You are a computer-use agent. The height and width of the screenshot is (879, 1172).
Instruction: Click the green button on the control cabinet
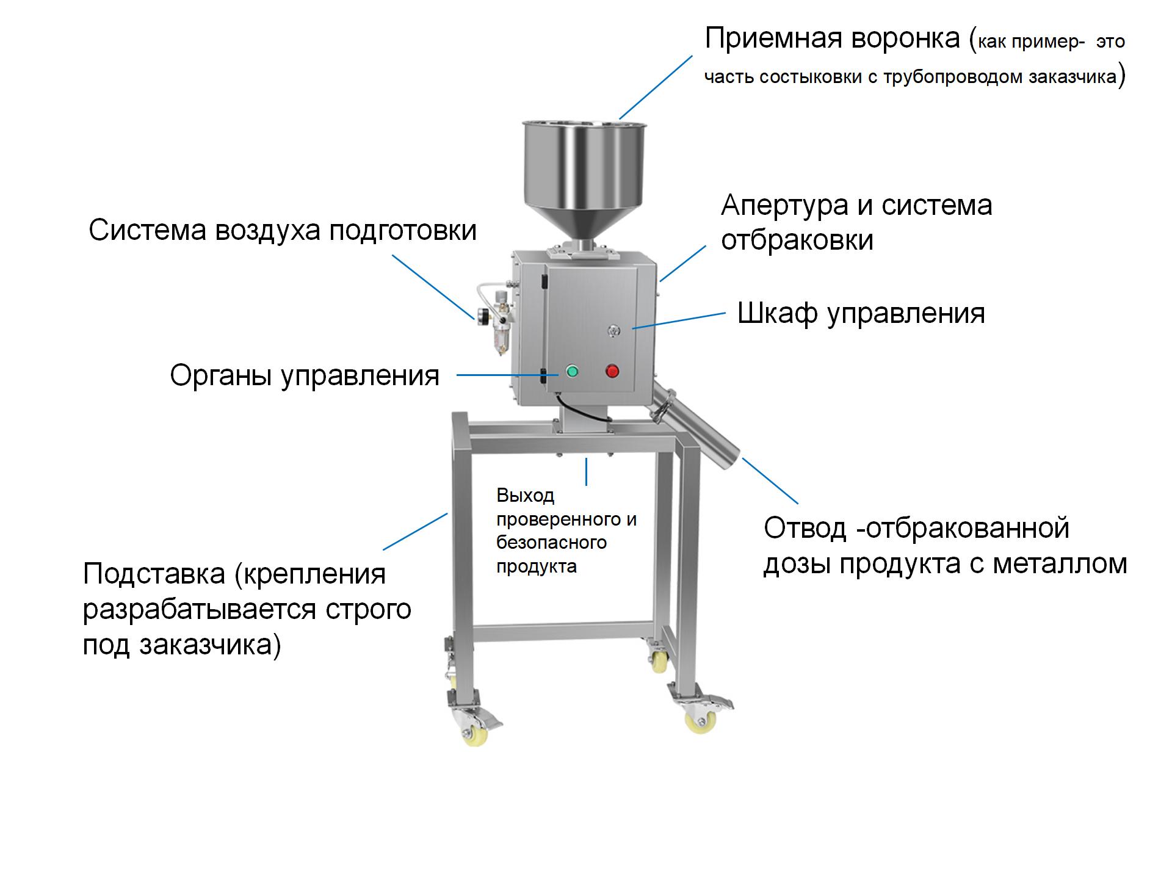[x=572, y=371]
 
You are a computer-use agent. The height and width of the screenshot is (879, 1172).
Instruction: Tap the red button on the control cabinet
[x=612, y=371]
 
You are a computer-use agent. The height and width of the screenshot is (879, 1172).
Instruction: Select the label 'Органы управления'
[x=305, y=376]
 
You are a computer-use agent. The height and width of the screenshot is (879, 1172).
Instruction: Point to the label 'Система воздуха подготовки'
[x=283, y=231]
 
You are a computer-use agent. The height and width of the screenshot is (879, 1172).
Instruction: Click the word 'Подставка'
[x=154, y=574]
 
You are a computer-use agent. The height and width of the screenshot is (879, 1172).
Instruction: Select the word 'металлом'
[x=1060, y=563]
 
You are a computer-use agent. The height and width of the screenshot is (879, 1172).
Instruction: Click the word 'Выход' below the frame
[x=525, y=495]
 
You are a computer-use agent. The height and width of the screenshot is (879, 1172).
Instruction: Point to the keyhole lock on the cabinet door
[x=613, y=330]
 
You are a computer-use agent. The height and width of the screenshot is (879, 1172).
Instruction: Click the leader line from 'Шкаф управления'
[x=679, y=321]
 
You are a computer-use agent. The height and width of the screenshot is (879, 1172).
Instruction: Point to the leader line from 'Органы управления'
[x=508, y=375]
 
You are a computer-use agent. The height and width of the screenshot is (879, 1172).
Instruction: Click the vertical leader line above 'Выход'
[x=587, y=472]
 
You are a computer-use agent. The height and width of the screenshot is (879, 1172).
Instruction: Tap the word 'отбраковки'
[x=797, y=240]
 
